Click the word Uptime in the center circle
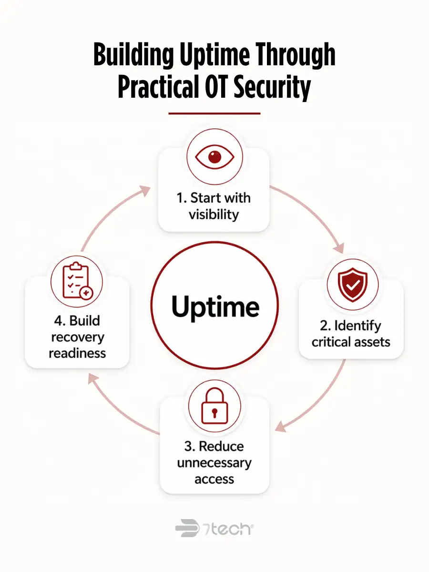(x=215, y=306)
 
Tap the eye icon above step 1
(x=214, y=157)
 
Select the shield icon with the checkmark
(x=352, y=285)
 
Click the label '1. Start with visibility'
(x=214, y=206)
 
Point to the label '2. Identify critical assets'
(x=351, y=334)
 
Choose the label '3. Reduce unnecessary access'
(x=214, y=463)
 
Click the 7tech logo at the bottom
(x=214, y=528)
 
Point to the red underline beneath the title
(x=214, y=113)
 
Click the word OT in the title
(x=208, y=87)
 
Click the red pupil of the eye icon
(x=214, y=157)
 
